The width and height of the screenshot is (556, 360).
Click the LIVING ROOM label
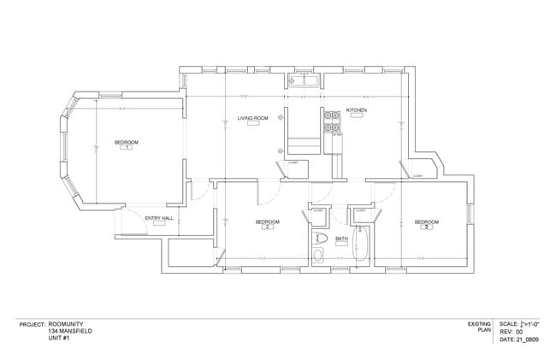point(253,118)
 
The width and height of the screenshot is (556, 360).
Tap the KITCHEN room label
point(357,111)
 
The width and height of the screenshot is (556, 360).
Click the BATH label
point(341,239)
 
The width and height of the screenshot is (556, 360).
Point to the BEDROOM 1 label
point(126,142)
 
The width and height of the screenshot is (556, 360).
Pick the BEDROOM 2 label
point(267,222)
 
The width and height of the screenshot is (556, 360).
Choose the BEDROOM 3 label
point(427,222)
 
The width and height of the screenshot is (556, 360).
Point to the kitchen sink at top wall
point(303,82)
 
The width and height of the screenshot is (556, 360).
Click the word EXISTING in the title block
point(478,325)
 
